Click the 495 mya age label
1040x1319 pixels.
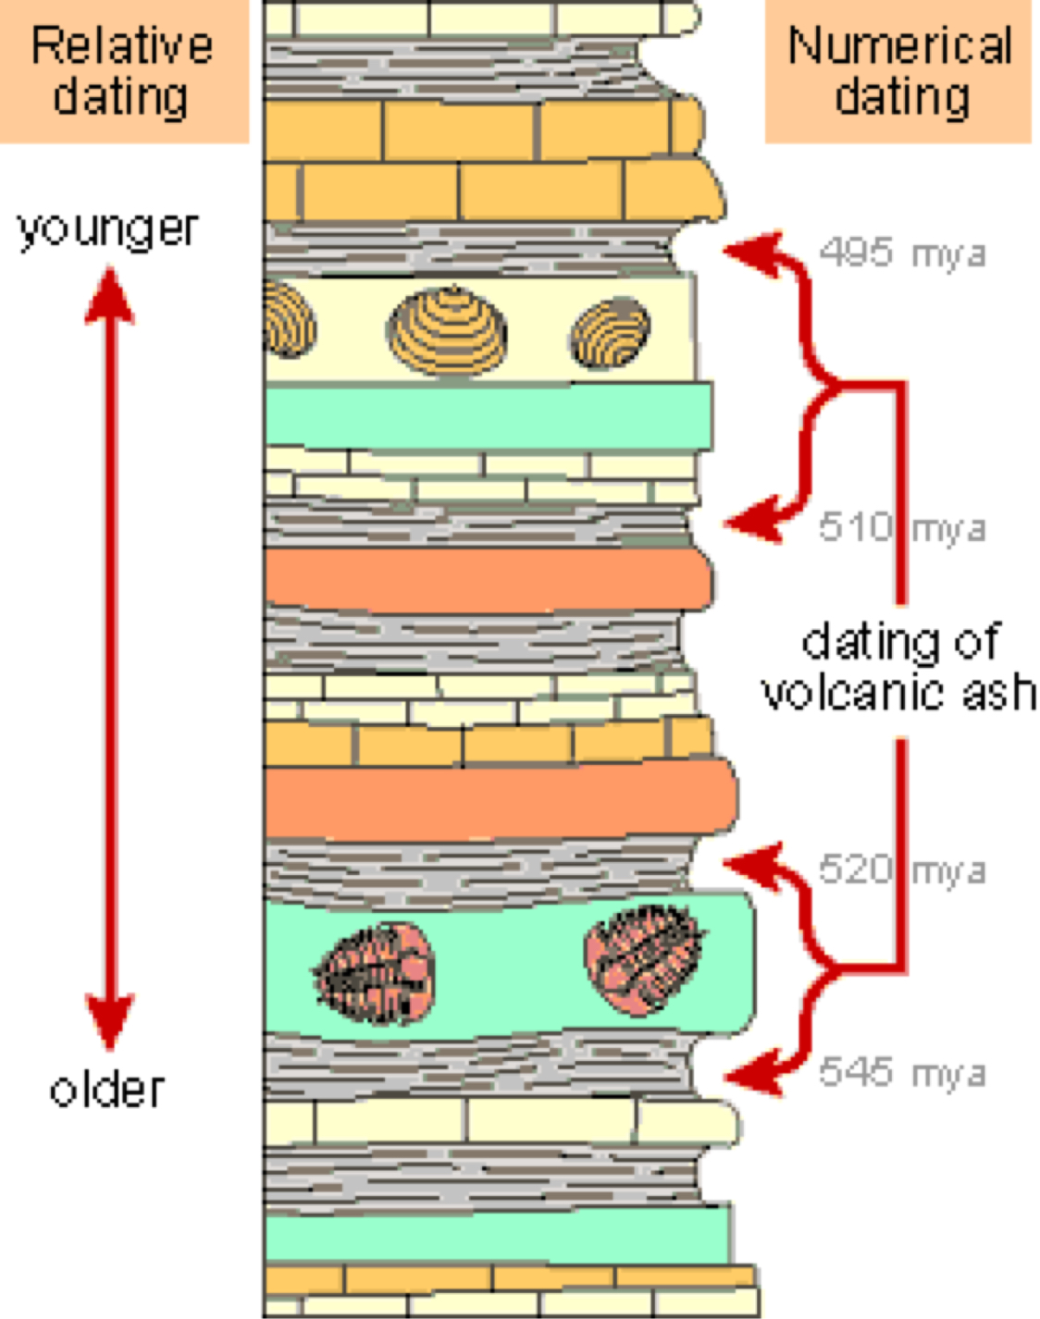(901, 253)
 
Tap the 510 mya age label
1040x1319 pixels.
(901, 527)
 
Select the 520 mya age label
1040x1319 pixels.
(901, 869)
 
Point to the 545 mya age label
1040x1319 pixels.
(901, 1072)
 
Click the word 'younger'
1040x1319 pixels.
(108, 229)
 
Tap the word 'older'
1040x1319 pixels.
(107, 1090)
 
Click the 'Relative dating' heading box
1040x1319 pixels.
(123, 70)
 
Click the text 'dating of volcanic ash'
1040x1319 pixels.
(898, 667)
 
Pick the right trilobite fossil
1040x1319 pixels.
(642, 958)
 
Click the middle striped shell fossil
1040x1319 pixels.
(447, 331)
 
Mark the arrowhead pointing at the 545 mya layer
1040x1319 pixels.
(749, 1075)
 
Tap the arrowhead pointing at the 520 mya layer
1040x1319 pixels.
(749, 864)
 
